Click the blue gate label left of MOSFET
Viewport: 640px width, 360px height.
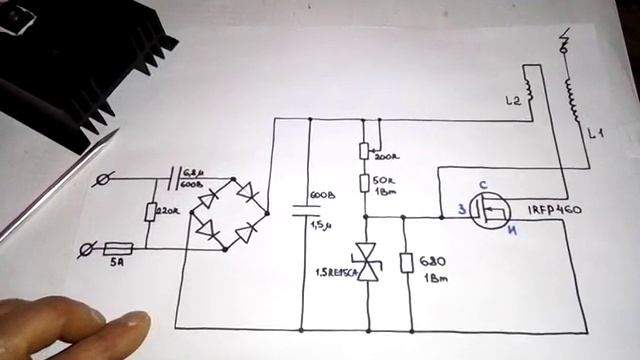pyautogui.click(x=463, y=209)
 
